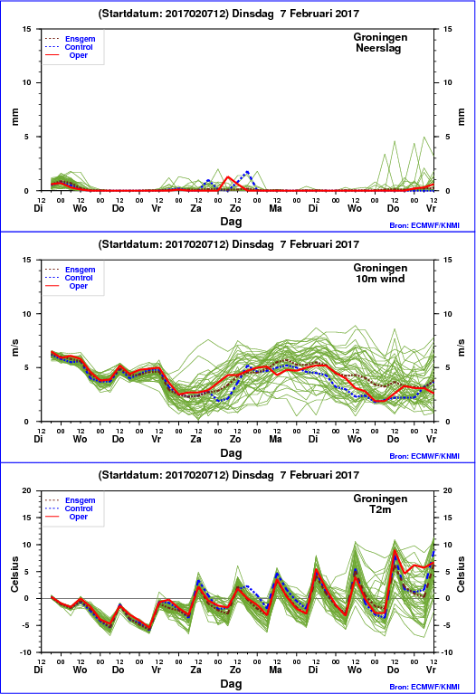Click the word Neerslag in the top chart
coord(378,48)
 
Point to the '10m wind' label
coord(380,279)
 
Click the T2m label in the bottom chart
coord(380,509)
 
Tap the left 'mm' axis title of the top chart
coord(14,117)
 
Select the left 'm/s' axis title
coord(14,347)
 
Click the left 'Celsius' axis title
coord(14,574)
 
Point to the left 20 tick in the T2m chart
coord(27,490)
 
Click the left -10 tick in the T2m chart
coord(25,652)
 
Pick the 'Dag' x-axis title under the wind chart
coord(231,452)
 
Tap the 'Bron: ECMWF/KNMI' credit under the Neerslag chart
coord(424,225)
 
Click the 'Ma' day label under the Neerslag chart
coord(275,208)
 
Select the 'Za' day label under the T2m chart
coord(195,670)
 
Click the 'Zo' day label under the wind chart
coord(235,439)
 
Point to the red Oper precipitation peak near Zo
coord(228,177)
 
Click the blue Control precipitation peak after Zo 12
coord(247,172)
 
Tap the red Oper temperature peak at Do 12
coord(394,550)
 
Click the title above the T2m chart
coord(228,475)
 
